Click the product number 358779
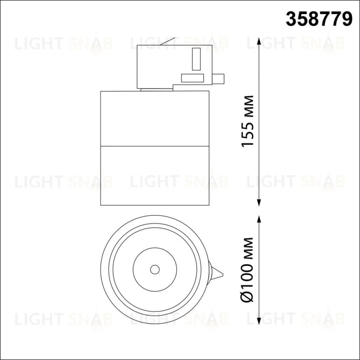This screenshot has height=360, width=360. pyautogui.click(x=319, y=20)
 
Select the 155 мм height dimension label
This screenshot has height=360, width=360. pyautogui.click(x=248, y=121)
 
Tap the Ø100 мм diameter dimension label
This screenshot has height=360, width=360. pyautogui.click(x=247, y=270)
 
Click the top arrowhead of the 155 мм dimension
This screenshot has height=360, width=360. pyautogui.click(x=259, y=41)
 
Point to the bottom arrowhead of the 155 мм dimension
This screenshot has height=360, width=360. pyautogui.click(x=259, y=202)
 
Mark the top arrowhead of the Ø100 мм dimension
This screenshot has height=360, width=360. pyautogui.click(x=259, y=219)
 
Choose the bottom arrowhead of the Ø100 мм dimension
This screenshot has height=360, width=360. pyautogui.click(x=259, y=321)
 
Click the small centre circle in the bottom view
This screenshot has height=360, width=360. pyautogui.click(x=155, y=270)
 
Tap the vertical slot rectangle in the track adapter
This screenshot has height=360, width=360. pyautogui.click(x=196, y=59)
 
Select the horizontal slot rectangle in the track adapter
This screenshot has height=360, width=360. pyautogui.click(x=192, y=78)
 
